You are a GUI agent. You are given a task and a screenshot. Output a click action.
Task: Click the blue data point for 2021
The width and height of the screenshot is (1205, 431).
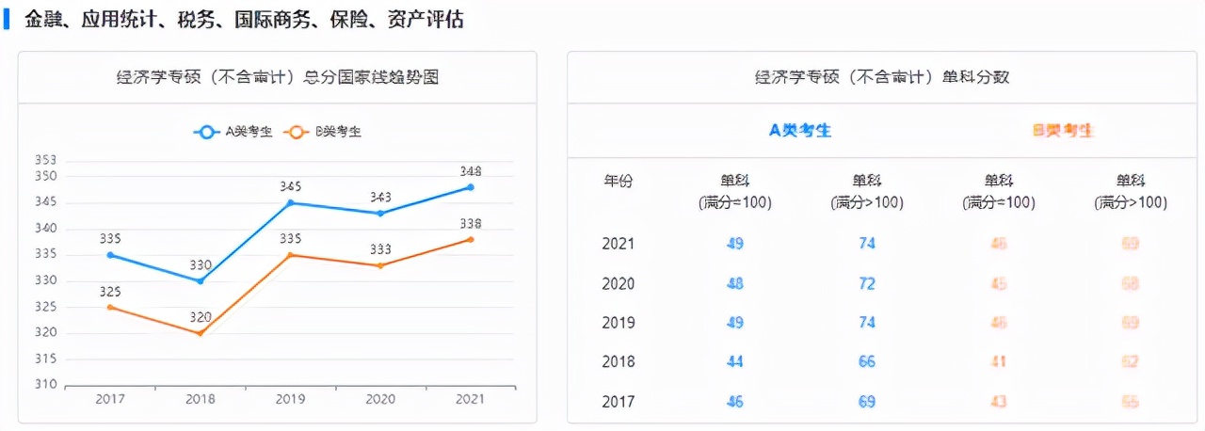(471, 187)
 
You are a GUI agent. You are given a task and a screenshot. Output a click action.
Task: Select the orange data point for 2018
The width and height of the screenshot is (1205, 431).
(200, 333)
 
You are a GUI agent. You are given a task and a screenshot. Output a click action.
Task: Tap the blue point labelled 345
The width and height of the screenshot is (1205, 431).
(290, 202)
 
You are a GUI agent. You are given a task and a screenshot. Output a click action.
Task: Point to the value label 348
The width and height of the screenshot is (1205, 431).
(471, 171)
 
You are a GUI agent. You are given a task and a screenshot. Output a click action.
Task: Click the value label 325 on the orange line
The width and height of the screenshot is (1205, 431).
(110, 291)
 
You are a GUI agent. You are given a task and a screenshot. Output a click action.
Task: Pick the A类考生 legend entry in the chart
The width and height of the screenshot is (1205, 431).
(233, 132)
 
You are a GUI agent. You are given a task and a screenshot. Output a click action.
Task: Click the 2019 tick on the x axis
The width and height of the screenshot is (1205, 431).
(290, 399)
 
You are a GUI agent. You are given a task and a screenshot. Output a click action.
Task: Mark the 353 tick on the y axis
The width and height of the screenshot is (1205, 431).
(45, 160)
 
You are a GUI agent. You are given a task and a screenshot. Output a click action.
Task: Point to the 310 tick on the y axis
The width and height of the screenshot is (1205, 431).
(45, 385)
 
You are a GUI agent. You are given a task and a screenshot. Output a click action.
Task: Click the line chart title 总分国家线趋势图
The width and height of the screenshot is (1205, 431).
(277, 77)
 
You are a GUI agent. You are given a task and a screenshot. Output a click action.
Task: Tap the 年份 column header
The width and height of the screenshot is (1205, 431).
(618, 181)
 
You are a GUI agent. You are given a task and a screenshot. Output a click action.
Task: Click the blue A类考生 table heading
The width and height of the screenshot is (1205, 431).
(800, 131)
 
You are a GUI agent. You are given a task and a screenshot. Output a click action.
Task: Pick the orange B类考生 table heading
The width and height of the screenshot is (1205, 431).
(1063, 131)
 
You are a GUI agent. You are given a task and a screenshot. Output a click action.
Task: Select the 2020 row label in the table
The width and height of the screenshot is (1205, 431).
(618, 283)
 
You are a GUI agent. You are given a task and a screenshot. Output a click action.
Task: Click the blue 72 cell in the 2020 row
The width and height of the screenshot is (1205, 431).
(866, 283)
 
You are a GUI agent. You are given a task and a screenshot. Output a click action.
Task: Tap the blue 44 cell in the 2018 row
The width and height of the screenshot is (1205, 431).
(734, 361)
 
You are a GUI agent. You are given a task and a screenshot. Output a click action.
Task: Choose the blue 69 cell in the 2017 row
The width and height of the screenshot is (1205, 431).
(866, 402)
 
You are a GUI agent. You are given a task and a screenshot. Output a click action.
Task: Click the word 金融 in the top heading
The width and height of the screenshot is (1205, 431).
(43, 19)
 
